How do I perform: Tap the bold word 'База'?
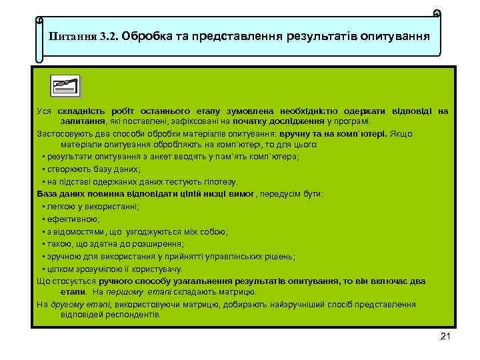[49, 194]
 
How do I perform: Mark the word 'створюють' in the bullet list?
[66, 169]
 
